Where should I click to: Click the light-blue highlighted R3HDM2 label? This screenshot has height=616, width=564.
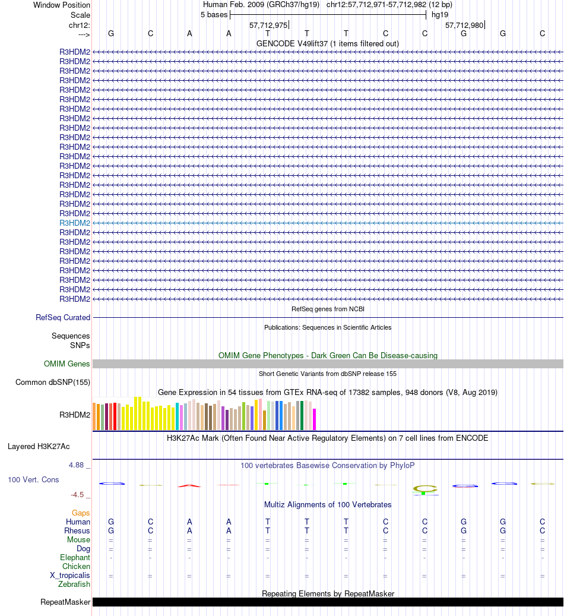[x=75, y=223]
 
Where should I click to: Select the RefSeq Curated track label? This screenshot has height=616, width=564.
[x=63, y=317]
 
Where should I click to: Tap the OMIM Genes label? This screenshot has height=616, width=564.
[x=67, y=364]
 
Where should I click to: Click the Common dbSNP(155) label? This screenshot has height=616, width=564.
[x=53, y=382]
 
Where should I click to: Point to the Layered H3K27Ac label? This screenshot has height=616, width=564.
[x=43, y=446]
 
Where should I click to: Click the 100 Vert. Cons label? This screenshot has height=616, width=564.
[x=33, y=479]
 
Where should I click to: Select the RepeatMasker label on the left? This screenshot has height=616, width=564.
[x=65, y=602]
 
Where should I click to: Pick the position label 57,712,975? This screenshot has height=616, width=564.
[x=268, y=25]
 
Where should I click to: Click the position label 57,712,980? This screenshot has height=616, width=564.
[x=464, y=25]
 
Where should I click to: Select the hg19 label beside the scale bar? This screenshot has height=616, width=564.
[x=440, y=14]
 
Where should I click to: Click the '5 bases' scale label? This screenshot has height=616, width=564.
[x=214, y=14]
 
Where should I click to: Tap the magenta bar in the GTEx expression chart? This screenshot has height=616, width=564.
[x=315, y=419]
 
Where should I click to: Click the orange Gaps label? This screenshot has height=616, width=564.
[x=81, y=513]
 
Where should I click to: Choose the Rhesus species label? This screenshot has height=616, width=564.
[x=78, y=530]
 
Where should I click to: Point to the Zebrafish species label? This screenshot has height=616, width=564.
[x=74, y=584]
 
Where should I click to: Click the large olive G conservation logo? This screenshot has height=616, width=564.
[x=424, y=489]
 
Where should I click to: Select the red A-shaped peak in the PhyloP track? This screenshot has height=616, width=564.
[x=189, y=485]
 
